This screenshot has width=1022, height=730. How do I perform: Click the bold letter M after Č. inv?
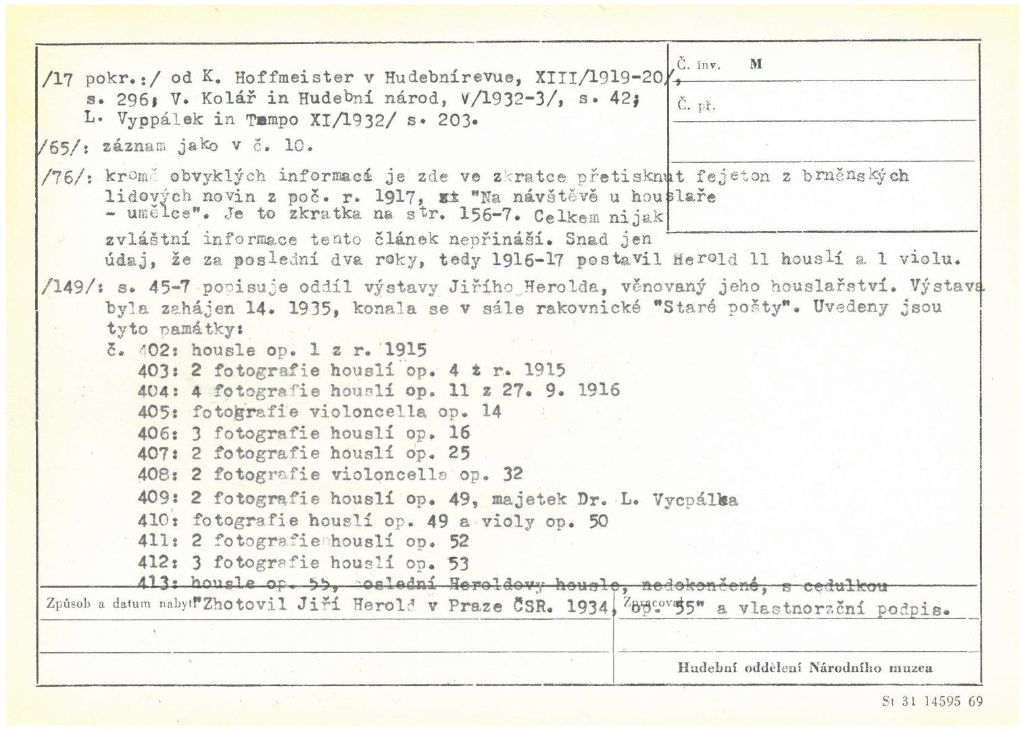click(x=756, y=64)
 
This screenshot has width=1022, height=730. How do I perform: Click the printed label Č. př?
click(x=696, y=106)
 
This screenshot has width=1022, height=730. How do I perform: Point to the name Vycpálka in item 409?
click(x=696, y=501)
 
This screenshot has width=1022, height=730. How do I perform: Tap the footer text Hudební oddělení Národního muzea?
click(x=804, y=668)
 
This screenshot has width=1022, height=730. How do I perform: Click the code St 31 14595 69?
click(x=932, y=702)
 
